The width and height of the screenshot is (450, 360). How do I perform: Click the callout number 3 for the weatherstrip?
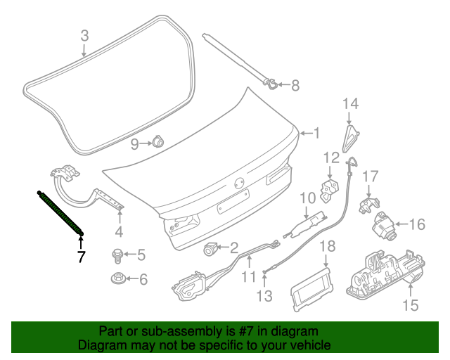(84, 35)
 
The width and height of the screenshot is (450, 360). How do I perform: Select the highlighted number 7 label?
(81, 257)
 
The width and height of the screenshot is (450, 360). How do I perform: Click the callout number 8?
(295, 86)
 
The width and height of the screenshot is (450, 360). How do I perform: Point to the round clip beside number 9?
(158, 143)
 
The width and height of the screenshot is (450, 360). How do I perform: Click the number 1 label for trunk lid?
(316, 132)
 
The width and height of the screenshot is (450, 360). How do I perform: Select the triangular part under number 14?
(349, 137)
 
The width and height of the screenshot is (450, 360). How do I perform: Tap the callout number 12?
(331, 157)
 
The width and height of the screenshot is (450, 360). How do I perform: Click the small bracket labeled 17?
(366, 205)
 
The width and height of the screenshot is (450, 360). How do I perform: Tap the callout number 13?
(264, 296)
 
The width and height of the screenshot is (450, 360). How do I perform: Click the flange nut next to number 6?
(119, 278)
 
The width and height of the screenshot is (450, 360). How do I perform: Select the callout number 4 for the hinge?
(119, 232)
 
